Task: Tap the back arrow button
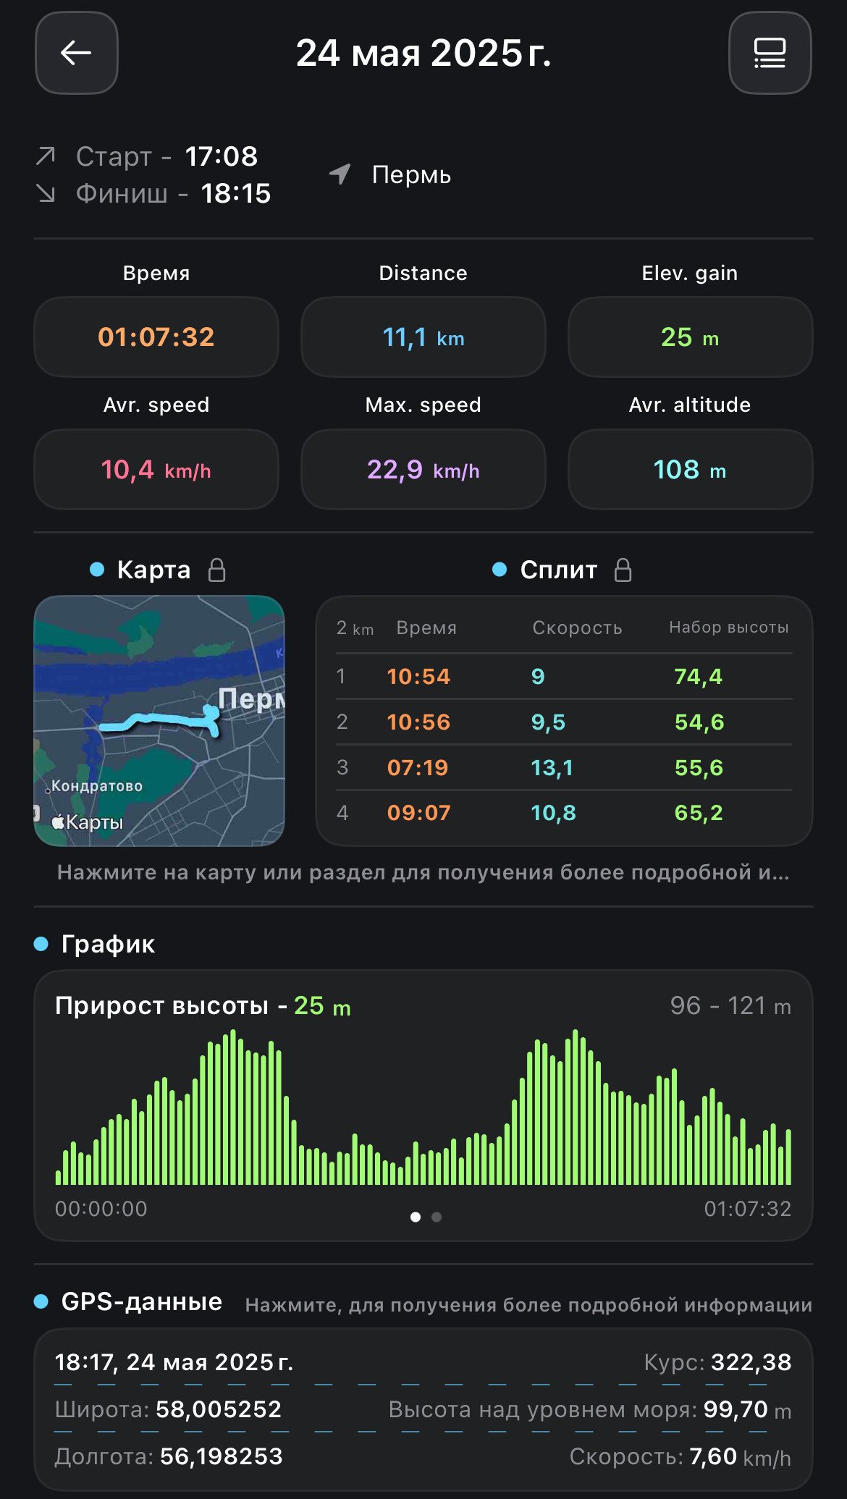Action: tap(76, 53)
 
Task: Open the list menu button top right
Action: tap(770, 53)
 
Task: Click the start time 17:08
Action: tap(222, 156)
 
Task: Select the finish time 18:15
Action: tap(236, 193)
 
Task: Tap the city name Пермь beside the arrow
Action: tap(411, 175)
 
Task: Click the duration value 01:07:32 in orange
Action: tap(156, 337)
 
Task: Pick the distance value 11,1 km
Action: tap(423, 337)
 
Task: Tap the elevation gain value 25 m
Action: tap(690, 337)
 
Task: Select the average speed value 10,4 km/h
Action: tap(156, 470)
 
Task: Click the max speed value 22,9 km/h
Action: tap(423, 470)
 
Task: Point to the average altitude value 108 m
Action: tap(690, 470)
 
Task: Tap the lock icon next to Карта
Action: tap(217, 570)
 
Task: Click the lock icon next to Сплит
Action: tap(623, 570)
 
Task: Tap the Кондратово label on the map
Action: tap(97, 786)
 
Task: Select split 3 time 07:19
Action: tap(418, 767)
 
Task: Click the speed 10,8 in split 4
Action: tap(554, 813)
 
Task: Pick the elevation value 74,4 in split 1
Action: tap(699, 677)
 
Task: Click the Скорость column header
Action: tap(578, 628)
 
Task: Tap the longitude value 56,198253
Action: tap(222, 1456)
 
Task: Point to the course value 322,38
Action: tap(751, 1362)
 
